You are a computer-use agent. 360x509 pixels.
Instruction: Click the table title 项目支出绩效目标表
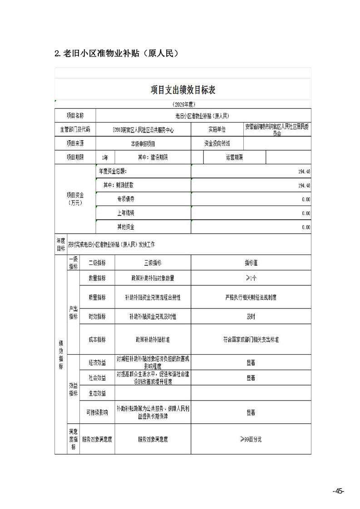click(x=183, y=90)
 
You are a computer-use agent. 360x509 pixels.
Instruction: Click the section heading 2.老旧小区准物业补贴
click(x=115, y=53)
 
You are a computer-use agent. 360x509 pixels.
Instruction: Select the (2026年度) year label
click(x=183, y=104)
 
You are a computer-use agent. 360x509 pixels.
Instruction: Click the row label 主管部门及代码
click(x=75, y=129)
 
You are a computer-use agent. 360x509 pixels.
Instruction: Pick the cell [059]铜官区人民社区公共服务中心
click(x=143, y=130)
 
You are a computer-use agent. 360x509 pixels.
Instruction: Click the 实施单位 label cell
click(x=217, y=129)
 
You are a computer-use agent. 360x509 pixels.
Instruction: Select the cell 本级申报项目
click(x=143, y=143)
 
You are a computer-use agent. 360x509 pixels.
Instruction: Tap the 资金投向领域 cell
click(x=217, y=143)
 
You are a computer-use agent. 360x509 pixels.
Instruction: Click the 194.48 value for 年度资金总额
click(x=304, y=172)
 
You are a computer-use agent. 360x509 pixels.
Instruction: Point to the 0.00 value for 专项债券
click(x=306, y=199)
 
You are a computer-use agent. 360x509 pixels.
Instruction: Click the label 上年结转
click(x=126, y=213)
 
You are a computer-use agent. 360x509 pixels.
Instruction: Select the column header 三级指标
click(x=153, y=263)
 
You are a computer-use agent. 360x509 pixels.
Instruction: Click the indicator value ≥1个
click(x=251, y=278)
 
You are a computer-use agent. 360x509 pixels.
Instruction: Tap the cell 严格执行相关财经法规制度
click(x=251, y=298)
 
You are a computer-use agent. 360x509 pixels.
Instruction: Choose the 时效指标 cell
click(x=97, y=317)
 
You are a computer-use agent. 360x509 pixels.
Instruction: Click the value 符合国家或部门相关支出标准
click(x=251, y=339)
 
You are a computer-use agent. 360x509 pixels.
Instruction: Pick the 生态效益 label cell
click(x=97, y=393)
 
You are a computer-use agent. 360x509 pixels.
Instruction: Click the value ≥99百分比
click(x=251, y=439)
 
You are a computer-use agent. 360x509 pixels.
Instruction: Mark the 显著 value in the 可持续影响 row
click(x=251, y=412)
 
